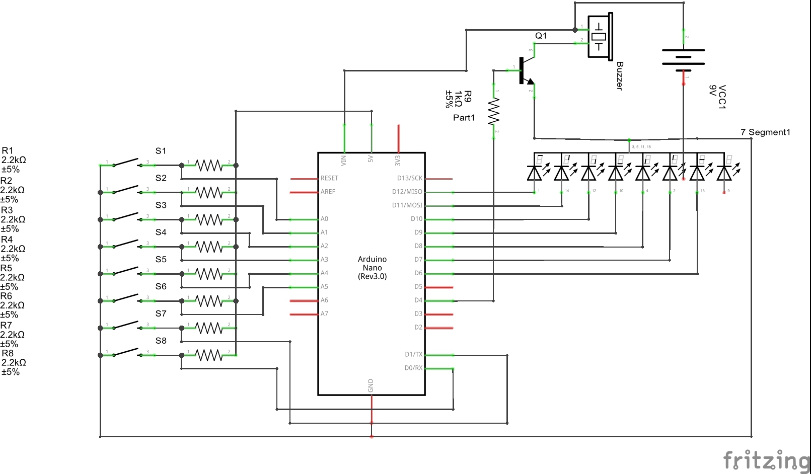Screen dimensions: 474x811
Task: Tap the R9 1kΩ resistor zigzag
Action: click(x=494, y=112)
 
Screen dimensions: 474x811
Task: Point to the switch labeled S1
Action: click(x=126, y=163)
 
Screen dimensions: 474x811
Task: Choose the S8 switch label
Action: click(x=161, y=341)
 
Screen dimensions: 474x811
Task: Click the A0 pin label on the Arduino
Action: click(x=324, y=219)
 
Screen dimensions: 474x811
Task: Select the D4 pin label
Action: click(x=418, y=300)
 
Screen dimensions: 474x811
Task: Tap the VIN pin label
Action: click(x=344, y=160)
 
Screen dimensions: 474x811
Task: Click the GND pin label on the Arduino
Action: click(x=371, y=385)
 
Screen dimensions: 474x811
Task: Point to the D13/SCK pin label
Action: click(x=409, y=178)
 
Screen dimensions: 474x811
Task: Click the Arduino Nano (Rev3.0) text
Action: click(x=373, y=268)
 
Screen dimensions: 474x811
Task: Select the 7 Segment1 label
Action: click(x=765, y=132)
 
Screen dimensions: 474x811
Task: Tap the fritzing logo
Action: click(x=766, y=460)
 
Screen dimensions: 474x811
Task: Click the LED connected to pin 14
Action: click(x=561, y=173)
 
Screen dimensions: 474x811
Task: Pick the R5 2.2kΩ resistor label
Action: click(x=12, y=277)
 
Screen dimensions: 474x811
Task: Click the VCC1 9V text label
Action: click(x=717, y=97)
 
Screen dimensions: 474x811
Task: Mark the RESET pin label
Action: click(x=329, y=178)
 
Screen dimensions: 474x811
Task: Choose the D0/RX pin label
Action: click(x=413, y=368)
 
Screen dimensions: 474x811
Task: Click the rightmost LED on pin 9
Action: click(x=724, y=173)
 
